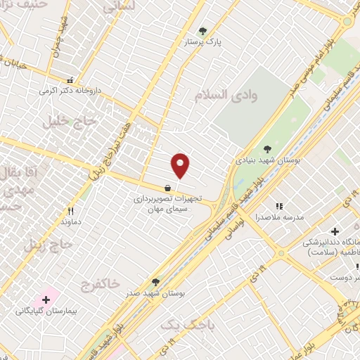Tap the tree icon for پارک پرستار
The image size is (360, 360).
tap(204, 30)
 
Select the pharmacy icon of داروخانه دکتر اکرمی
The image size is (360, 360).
tap(70, 81)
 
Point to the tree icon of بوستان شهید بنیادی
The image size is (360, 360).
tap(267, 148)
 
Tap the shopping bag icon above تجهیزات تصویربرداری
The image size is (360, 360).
tap(167, 188)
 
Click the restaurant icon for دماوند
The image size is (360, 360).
tap(70, 210)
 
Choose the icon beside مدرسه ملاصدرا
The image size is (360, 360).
tap(279, 206)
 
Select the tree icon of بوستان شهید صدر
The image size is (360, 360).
tap(155, 282)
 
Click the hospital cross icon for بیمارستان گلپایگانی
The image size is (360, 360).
tap(46, 299)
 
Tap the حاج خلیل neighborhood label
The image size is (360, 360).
tap(63, 122)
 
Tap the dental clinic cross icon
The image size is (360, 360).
tap(335, 231)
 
